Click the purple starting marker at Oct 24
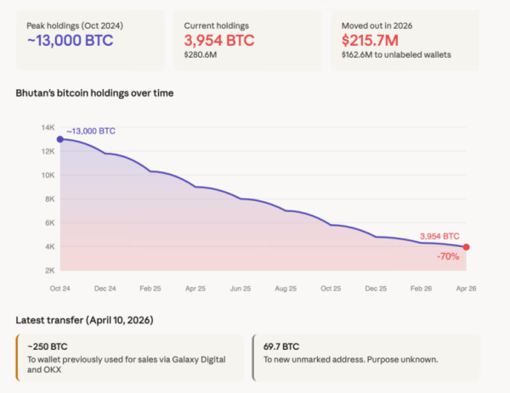pyautogui.click(x=59, y=138)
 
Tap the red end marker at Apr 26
pyautogui.click(x=466, y=247)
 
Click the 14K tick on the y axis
pyautogui.click(x=48, y=127)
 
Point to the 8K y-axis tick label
pyautogui.click(x=49, y=199)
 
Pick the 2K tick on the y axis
pyautogui.click(x=49, y=270)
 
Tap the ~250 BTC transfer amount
pyautogui.click(x=48, y=345)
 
